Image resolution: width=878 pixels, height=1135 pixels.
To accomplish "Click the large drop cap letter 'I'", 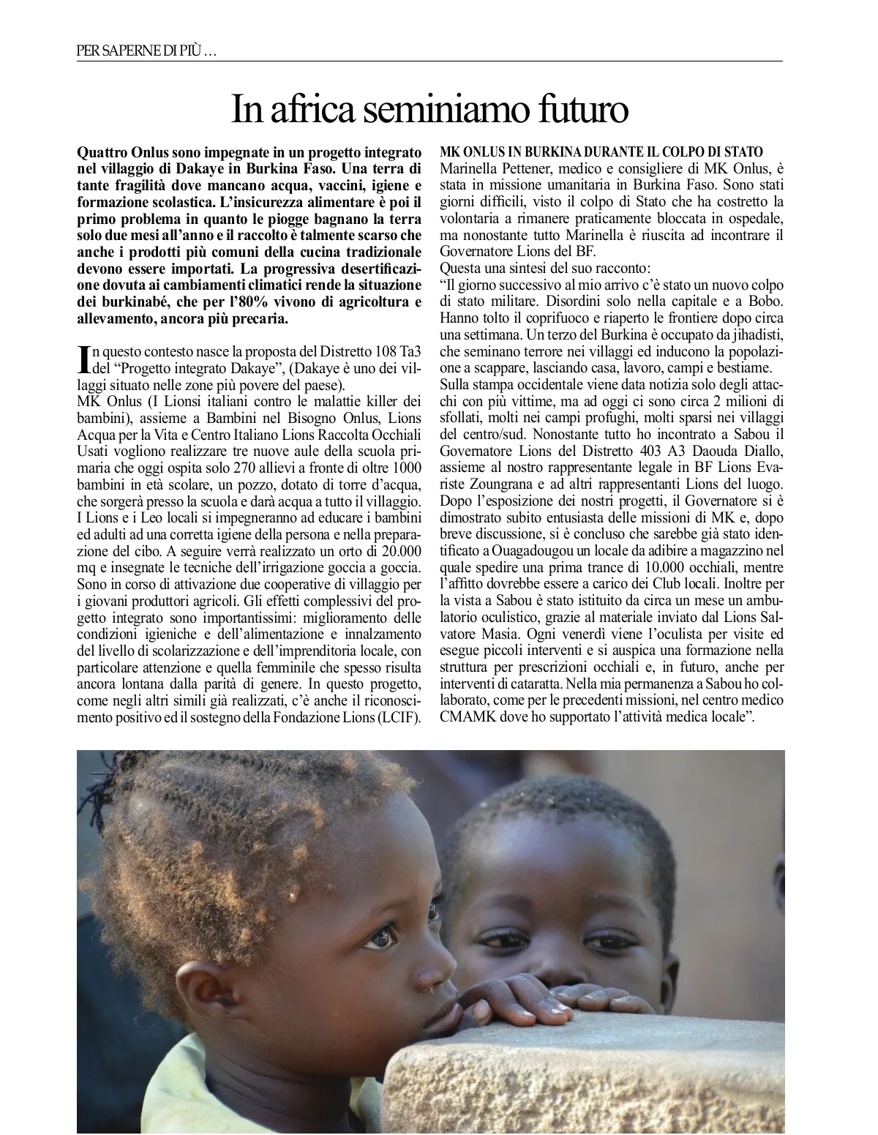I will tap(83, 359).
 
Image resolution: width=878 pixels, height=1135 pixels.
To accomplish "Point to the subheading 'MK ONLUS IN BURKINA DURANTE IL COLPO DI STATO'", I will tap(601, 152).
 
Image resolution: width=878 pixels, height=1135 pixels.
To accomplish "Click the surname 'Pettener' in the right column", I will tap(516, 168).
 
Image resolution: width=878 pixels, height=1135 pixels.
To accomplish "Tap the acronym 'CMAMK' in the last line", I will tap(465, 718).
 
